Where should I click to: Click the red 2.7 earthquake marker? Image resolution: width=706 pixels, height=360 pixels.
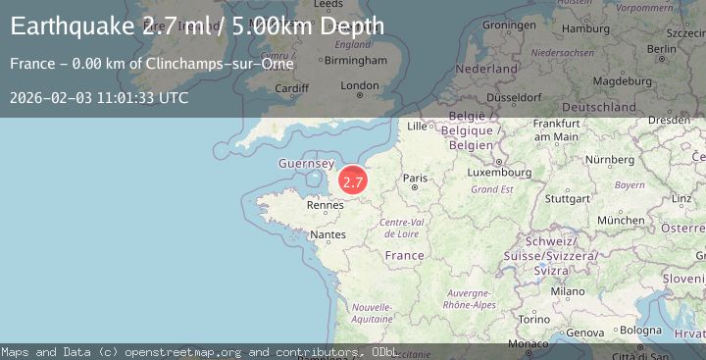353,181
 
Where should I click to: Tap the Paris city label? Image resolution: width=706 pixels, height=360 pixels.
417,178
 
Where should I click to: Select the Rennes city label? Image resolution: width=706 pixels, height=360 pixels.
326,205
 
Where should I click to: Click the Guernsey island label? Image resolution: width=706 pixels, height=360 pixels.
307,164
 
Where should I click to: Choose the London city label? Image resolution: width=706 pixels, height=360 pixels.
359,85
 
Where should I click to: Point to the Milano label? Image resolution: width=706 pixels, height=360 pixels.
567,291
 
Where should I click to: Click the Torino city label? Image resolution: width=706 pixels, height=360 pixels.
533,319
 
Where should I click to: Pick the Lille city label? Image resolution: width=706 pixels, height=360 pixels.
418,126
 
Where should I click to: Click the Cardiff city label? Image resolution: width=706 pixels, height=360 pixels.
292,87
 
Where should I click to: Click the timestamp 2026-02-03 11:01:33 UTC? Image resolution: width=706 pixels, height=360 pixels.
99,98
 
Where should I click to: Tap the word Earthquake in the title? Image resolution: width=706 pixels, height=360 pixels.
72,26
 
